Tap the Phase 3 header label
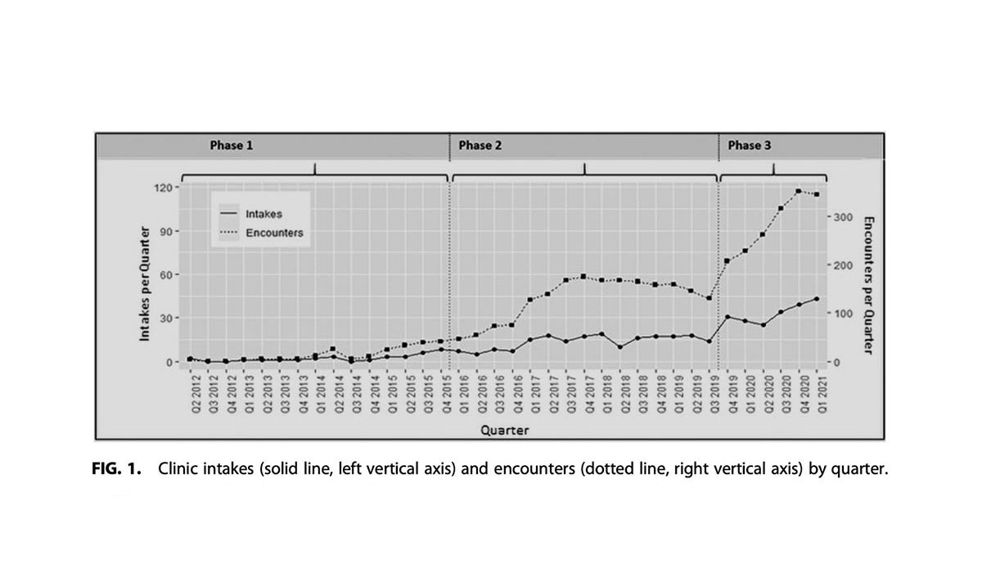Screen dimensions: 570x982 pyautogui.click(x=744, y=146)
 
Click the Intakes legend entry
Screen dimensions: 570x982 pyautogui.click(x=264, y=214)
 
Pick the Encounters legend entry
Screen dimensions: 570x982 pyautogui.click(x=273, y=233)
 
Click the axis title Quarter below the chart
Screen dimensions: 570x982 pyautogui.click(x=503, y=427)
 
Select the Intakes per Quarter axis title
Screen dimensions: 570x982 pyautogui.click(x=144, y=283)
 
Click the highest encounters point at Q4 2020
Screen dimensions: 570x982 pyautogui.click(x=799, y=191)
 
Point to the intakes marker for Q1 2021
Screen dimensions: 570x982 pyautogui.click(x=817, y=299)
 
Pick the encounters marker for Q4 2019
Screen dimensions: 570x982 pyautogui.click(x=727, y=260)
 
